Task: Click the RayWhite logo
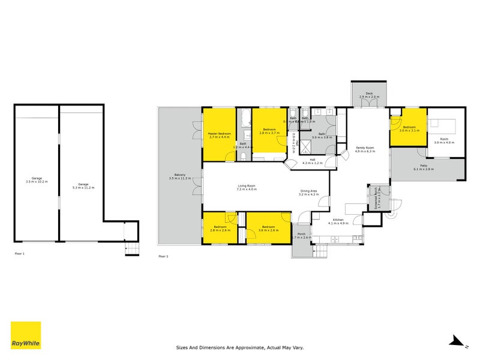[26, 335]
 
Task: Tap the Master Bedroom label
[220, 135]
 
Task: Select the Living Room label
[247, 187]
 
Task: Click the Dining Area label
[308, 193]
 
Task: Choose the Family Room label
[365, 149]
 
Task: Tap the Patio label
[423, 167]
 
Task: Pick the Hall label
[313, 161]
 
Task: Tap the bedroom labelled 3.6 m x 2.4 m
[268, 229]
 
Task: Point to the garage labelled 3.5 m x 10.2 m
[35, 179]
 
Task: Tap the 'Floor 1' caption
[20, 254]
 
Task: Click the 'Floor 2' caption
[164, 256]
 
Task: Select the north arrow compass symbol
[458, 341]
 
